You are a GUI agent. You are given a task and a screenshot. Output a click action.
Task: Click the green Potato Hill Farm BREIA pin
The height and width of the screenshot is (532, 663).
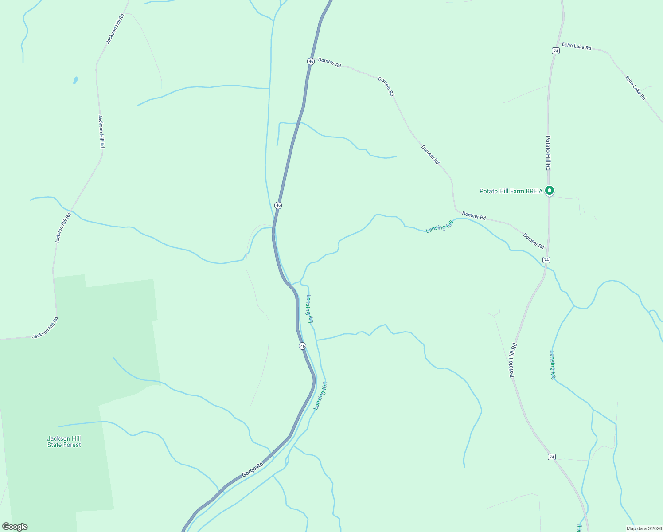click(x=550, y=191)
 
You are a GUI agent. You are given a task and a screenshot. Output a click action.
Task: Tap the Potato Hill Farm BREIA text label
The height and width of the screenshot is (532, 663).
click(x=511, y=191)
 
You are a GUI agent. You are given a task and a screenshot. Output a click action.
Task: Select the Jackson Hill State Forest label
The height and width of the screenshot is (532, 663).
click(x=64, y=442)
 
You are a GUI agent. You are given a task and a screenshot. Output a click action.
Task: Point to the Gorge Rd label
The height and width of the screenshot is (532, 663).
click(x=252, y=470)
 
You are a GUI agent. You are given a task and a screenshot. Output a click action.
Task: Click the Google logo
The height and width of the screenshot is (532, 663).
click(x=15, y=527)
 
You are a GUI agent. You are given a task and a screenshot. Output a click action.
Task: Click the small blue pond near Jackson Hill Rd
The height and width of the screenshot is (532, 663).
click(x=75, y=80)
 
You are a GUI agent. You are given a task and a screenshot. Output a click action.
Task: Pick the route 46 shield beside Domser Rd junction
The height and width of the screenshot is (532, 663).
click(x=311, y=61)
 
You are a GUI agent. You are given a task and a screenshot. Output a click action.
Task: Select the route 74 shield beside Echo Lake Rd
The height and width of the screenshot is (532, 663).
click(x=556, y=51)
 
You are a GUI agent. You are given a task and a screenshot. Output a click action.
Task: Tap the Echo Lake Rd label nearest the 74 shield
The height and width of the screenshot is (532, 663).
click(x=577, y=46)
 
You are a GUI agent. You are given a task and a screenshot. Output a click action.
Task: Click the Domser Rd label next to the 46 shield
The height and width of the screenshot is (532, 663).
click(x=329, y=63)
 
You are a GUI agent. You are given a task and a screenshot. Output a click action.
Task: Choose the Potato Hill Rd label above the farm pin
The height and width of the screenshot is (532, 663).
click(x=548, y=153)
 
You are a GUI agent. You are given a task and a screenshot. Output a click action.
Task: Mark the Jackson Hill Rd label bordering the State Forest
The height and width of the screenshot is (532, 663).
click(x=45, y=328)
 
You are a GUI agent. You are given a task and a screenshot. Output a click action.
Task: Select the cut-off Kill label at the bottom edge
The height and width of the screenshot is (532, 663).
click(x=580, y=528)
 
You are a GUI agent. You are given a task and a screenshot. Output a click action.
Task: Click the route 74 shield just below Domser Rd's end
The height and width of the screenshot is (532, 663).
click(x=546, y=260)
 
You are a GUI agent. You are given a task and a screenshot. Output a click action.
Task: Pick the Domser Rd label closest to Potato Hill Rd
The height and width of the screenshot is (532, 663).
click(x=534, y=241)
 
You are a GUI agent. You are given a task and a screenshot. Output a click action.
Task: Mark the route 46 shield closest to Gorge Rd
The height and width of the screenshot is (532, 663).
click(x=302, y=346)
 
